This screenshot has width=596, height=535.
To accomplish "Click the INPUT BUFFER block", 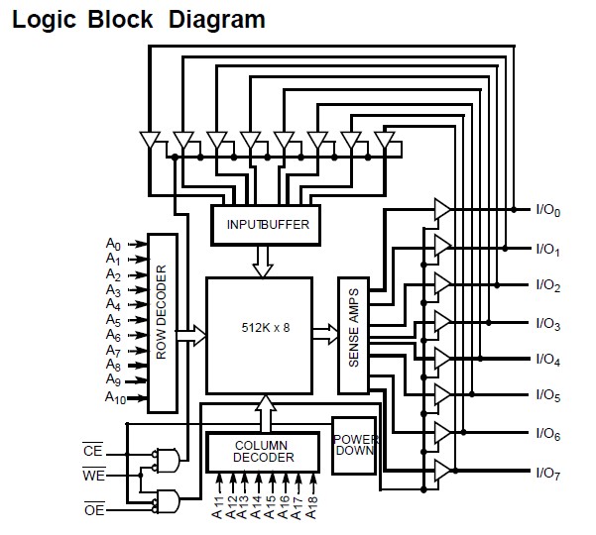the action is point(266,225).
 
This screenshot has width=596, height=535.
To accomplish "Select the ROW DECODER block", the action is point(163,323).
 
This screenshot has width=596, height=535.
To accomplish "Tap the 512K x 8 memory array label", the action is point(266,328).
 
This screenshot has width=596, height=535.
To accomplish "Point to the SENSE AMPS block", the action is point(353,336).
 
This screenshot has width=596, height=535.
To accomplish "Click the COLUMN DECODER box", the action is point(263,452).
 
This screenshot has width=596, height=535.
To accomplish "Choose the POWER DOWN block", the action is point(354,446).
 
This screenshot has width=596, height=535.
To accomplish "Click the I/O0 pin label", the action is point(547,210).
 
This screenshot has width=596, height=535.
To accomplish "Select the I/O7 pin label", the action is point(547,474).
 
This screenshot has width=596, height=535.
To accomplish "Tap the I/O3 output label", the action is point(547,324).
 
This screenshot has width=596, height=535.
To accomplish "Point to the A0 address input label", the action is point(113,244).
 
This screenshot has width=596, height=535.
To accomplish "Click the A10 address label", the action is point(115,398).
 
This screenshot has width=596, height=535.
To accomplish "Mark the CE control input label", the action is point(93,451).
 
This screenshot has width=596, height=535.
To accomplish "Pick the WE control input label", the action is point(94,475).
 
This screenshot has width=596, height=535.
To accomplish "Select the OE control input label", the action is point(94,509).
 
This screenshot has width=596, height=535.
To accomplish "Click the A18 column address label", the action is point(311,507).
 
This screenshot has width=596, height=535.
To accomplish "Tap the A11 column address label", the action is point(217,507).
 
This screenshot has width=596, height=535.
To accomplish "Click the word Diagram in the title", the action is point(216,20).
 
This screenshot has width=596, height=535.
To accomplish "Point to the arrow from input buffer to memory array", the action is point(263,262).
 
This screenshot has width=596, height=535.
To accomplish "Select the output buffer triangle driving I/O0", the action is point(442,209).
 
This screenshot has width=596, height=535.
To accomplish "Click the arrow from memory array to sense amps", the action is point(325,334).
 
